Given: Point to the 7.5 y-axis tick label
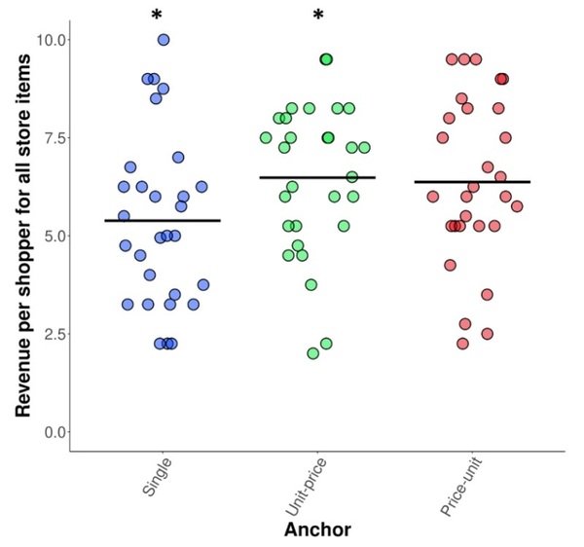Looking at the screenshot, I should tap(51, 138).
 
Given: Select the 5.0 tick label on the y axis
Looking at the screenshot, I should tap(51, 236).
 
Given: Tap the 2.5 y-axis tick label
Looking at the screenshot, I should tap(51, 334).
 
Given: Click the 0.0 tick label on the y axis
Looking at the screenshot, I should tap(51, 431).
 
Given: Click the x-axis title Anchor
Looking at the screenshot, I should tap(316, 529).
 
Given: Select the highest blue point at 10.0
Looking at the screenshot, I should tap(164, 40).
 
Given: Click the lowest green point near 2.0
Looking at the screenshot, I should tap(312, 353).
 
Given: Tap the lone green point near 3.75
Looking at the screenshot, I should tap(311, 285).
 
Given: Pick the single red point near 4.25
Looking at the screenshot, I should tap(450, 265).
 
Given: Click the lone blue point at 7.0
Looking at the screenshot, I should tap(178, 157).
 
